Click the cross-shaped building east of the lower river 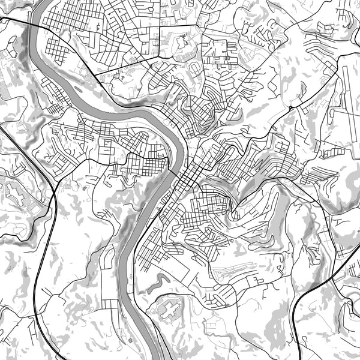click(x=170, y=310)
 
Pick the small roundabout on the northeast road click(x=290, y=107)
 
